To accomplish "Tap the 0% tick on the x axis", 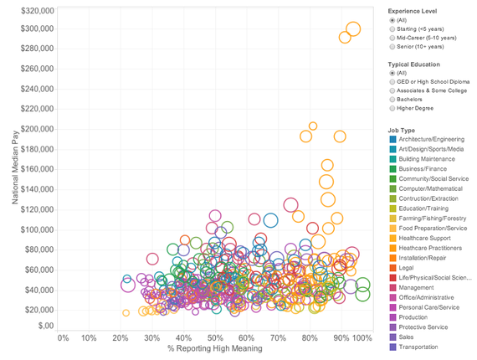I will coord(62,337).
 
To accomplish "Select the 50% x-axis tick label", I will coord(215,337).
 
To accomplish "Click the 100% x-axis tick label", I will coord(361,337).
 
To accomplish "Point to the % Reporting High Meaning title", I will coord(213,348).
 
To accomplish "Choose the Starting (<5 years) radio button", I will coord(392,28).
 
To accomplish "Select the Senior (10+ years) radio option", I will coord(392,47).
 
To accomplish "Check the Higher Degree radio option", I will coord(392,109).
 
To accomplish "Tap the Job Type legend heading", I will coord(403,130).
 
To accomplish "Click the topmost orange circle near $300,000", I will coord(353,29).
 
